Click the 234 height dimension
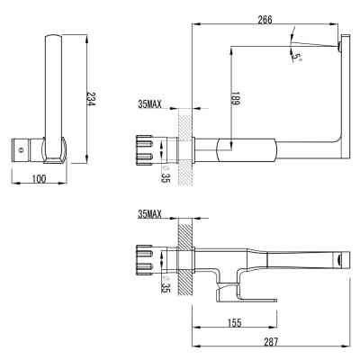pos(91,100)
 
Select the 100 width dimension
pos(39,179)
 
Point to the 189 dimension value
pos(236,102)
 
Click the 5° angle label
pos(297,57)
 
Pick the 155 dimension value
pos(235,321)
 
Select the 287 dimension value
pos(271,342)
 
